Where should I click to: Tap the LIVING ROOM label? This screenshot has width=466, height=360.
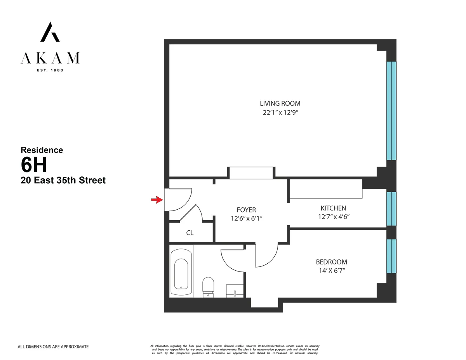(280, 103)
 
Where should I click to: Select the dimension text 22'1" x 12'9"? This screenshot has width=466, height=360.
(280, 113)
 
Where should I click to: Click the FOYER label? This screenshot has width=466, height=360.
(246, 210)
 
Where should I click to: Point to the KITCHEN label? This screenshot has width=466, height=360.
(333, 208)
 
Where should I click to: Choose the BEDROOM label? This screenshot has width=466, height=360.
(331, 262)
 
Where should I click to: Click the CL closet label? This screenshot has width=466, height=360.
(190, 233)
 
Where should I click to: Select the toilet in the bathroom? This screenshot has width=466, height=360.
(209, 287)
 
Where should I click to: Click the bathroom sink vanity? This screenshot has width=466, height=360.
(235, 291)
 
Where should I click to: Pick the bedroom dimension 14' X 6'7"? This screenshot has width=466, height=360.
(331, 271)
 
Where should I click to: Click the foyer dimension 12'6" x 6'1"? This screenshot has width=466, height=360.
(246, 219)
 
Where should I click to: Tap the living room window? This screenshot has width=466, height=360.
(391, 111)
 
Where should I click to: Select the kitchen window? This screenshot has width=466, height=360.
(391, 209)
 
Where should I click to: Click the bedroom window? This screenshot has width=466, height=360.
(391, 256)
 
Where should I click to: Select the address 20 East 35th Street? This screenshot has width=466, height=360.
(63, 181)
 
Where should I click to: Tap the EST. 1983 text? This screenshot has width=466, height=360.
(50, 70)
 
